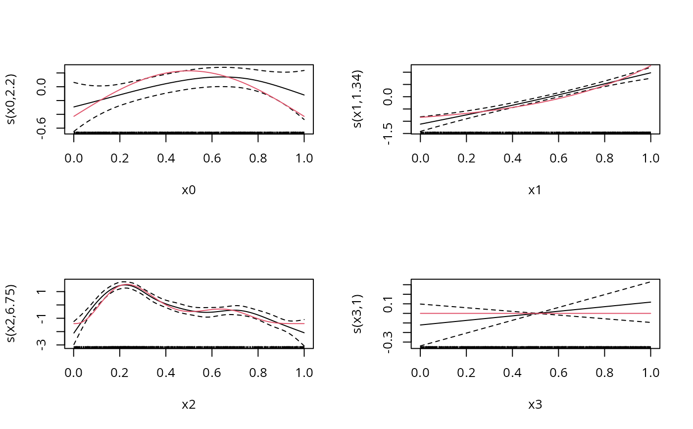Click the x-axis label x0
click(x=189, y=190)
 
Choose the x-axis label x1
click(x=535, y=190)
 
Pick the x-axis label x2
click(x=189, y=405)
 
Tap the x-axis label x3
click(x=535, y=405)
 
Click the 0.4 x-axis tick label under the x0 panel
click(x=166, y=158)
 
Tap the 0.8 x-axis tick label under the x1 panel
click(x=604, y=158)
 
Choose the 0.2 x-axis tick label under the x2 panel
click(x=120, y=373)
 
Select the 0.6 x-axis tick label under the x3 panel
click(x=558, y=373)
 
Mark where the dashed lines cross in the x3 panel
click(x=535, y=313)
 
